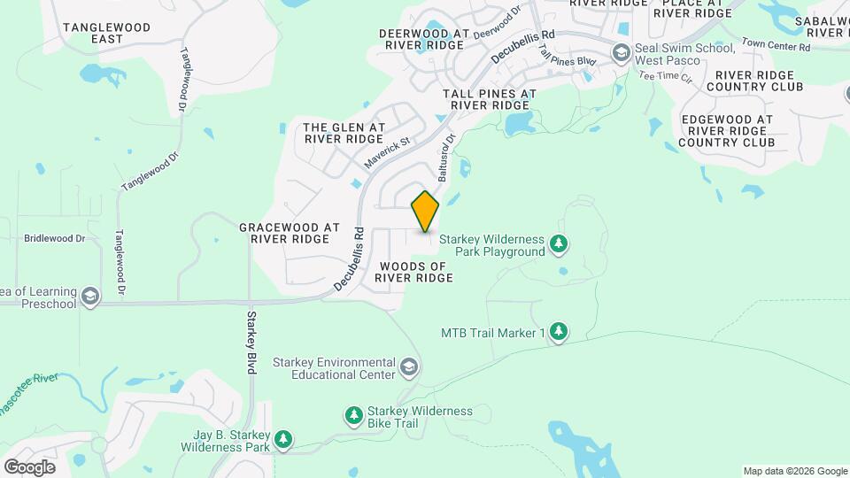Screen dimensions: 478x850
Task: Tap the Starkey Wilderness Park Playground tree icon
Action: tap(559, 243)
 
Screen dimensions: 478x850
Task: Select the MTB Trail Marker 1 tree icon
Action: tap(559, 332)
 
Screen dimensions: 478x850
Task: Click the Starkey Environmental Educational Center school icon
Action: tap(408, 366)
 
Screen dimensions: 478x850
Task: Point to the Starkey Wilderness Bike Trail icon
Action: tap(353, 415)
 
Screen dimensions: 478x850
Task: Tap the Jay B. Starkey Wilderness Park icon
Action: tap(283, 439)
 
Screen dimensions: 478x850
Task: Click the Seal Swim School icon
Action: tap(621, 53)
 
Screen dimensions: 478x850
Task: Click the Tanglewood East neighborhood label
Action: tap(93, 34)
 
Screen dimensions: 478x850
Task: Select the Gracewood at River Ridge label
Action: tap(290, 234)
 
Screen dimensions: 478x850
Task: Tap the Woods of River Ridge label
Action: tap(413, 272)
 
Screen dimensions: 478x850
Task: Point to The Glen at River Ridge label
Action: tap(344, 133)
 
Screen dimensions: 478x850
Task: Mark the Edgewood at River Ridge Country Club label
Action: tap(726, 130)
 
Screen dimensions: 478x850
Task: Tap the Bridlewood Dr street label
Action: tap(54, 238)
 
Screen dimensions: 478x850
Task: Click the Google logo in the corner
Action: tap(29, 466)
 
